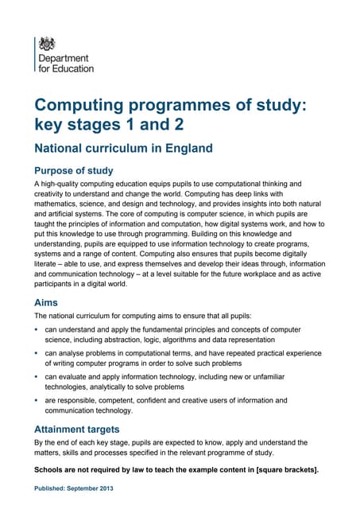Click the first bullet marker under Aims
point(37,329)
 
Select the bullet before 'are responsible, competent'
point(37,400)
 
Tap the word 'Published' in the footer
point(50,488)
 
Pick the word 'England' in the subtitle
point(191,148)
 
